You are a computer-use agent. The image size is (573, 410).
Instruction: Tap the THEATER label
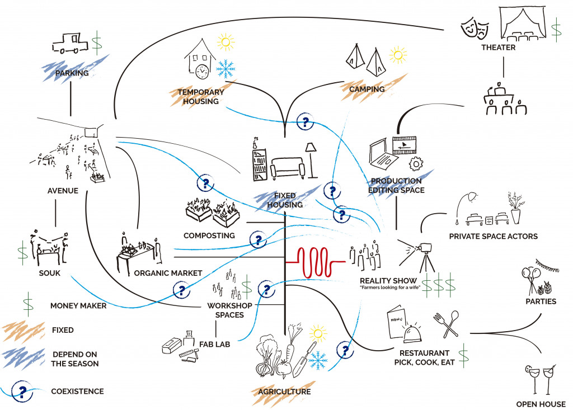click(498, 48)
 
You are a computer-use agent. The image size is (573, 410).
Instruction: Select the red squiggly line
click(316, 262)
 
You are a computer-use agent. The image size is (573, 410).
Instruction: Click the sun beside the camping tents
click(398, 55)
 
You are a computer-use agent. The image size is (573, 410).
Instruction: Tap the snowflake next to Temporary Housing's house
click(225, 69)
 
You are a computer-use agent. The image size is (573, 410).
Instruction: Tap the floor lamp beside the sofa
click(309, 158)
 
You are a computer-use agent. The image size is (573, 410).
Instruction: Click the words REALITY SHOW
click(388, 280)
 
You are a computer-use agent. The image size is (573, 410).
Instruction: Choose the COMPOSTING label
click(209, 235)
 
